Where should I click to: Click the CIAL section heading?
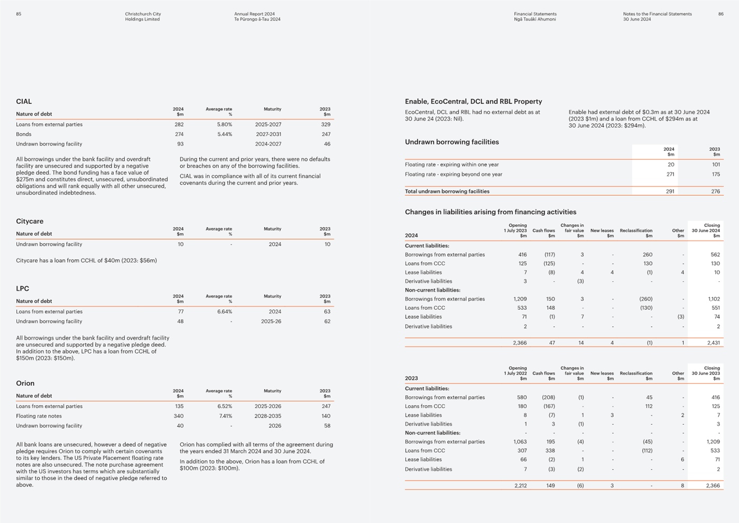click(x=24, y=102)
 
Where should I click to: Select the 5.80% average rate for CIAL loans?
click(x=224, y=124)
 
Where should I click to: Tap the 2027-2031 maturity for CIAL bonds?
click(x=269, y=134)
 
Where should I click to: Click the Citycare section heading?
click(x=30, y=221)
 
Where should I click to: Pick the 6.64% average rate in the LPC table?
click(x=224, y=311)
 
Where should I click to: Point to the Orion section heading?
click(x=25, y=383)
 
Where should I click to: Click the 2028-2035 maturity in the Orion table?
click(x=267, y=416)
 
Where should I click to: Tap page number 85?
click(x=19, y=14)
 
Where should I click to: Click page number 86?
click(x=721, y=14)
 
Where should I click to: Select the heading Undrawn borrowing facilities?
click(x=451, y=142)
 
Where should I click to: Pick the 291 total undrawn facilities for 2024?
click(x=670, y=191)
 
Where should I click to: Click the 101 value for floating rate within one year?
click(x=716, y=164)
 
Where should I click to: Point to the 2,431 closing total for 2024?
click(x=714, y=343)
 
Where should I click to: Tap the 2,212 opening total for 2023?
click(x=520, y=485)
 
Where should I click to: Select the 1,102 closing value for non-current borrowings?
click(x=714, y=299)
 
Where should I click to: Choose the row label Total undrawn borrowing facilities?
click(x=447, y=191)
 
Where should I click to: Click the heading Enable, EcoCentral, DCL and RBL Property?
click(x=474, y=102)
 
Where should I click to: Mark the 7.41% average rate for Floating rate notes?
click(x=225, y=416)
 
